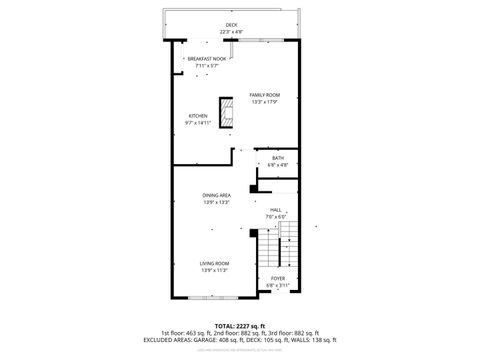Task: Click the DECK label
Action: coord(231,24)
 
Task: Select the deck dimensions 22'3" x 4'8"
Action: coord(231,31)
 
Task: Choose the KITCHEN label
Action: coord(198,116)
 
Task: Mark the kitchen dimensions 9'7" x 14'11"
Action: coord(198,123)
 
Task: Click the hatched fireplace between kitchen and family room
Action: coord(227,112)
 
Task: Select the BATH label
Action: coord(277,158)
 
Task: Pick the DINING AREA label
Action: coord(217,195)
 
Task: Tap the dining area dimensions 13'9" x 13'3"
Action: coord(217,202)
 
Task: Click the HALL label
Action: coord(276,209)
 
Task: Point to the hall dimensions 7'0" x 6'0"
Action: coord(276,216)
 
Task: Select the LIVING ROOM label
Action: coord(215,263)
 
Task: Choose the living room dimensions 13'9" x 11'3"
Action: coord(215,270)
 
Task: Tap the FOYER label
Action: coord(277,279)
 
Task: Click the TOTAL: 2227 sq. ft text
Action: coord(240,325)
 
